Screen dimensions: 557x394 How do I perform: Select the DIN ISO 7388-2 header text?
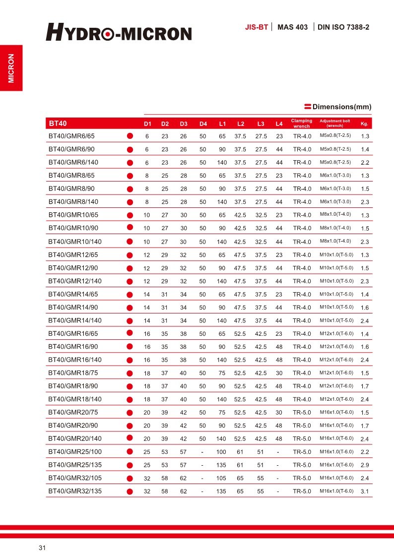coord(343,27)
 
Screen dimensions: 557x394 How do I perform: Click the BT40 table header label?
coord(58,123)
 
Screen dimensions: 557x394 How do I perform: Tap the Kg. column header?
coord(364,124)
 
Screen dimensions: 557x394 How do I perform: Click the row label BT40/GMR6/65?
coord(71,136)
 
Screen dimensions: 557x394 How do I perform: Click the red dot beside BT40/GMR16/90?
coord(130,346)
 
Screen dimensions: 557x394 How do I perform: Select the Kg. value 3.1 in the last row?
coord(365,492)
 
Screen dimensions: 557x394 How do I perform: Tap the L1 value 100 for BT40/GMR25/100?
coord(222,452)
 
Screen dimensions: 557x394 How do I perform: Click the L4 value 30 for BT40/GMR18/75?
coord(279,373)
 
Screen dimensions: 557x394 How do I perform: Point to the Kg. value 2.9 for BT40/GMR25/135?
coord(365,465)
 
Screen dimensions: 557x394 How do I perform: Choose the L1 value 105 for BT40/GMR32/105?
coord(222,478)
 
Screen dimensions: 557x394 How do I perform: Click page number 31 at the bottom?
coord(42,548)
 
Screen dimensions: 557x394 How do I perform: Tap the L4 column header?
coord(279,124)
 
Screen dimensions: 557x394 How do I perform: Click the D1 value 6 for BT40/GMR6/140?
coord(146,162)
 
